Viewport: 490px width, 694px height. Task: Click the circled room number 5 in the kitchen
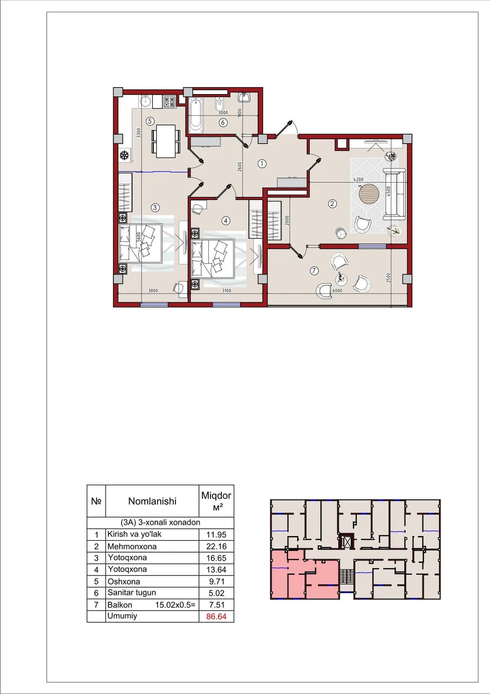click(150, 121)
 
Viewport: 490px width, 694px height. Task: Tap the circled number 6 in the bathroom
click(223, 123)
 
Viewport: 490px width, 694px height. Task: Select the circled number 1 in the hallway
click(262, 163)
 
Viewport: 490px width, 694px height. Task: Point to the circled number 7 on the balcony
click(314, 271)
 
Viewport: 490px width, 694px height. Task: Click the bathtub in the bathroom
click(196, 115)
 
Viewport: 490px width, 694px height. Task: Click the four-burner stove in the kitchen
click(169, 102)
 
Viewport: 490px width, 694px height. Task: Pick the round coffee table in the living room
click(369, 194)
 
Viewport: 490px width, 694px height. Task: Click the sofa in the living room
click(394, 194)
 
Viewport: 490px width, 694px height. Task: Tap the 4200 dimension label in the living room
click(358, 180)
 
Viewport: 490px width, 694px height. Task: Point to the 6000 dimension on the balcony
click(337, 291)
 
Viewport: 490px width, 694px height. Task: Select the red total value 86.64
click(216, 616)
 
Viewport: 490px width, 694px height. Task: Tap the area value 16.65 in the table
click(216, 558)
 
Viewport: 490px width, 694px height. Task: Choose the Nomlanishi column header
click(153, 501)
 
